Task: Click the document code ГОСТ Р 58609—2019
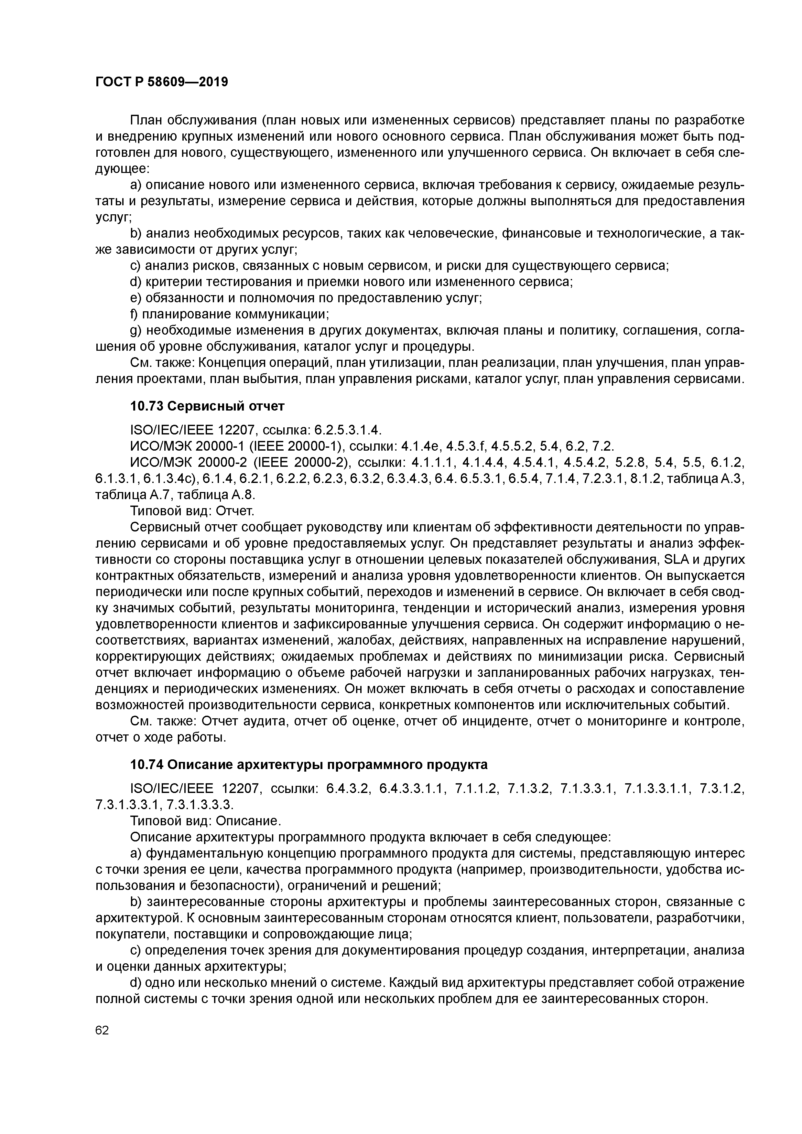(x=162, y=82)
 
